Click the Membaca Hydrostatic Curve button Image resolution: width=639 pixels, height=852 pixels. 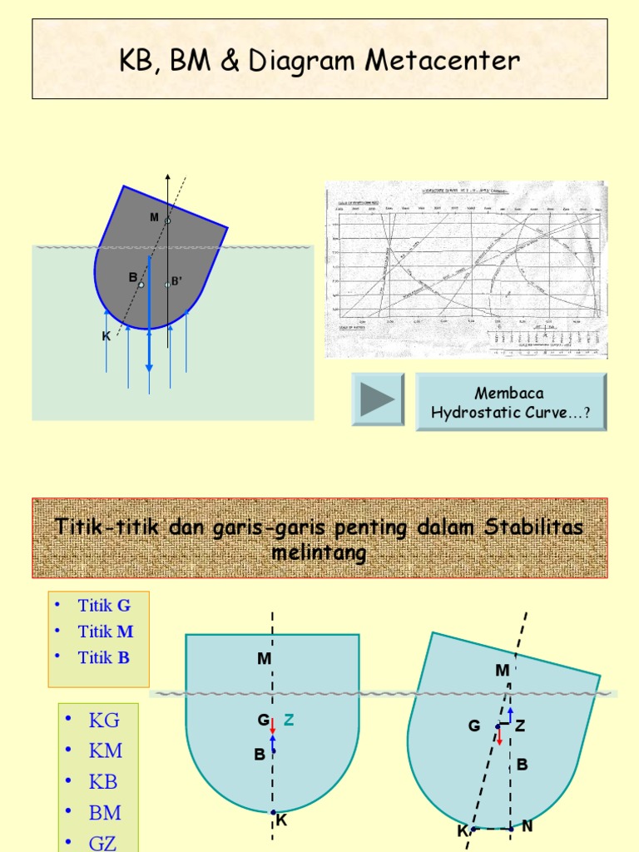[x=511, y=402]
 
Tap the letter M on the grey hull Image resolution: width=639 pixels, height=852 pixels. [x=154, y=217]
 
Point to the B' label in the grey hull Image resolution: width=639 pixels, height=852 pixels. [x=176, y=281]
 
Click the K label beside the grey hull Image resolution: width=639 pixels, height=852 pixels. [x=106, y=336]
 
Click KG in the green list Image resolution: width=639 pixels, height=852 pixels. [x=104, y=721]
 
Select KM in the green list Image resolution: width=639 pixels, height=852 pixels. [x=106, y=751]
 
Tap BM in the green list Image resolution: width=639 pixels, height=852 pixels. [x=106, y=813]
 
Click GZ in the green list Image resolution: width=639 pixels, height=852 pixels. [x=103, y=842]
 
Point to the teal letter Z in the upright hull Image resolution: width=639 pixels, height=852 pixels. [x=289, y=721]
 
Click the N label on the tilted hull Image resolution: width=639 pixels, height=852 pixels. [x=527, y=827]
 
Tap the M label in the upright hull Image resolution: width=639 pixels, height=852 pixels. [x=265, y=659]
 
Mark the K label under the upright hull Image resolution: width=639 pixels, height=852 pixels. [x=281, y=820]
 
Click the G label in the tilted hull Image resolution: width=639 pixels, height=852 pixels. [x=474, y=726]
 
